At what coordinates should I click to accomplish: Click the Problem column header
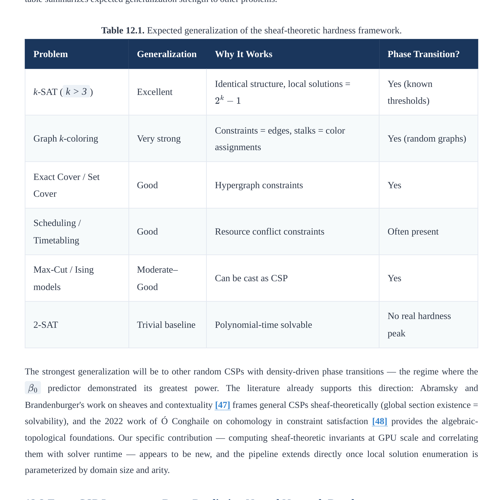point(51,54)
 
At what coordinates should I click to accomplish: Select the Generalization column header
point(167,54)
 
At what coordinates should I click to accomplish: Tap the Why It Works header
point(243,54)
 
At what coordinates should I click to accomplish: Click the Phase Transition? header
point(423,54)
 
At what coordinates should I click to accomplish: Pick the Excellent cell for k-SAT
point(155,92)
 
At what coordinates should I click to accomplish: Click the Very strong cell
point(159,139)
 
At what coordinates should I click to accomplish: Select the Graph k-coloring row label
point(66,139)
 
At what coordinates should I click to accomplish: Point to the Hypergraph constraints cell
point(259,185)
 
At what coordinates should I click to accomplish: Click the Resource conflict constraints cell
point(269,232)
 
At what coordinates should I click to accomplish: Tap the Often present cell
point(413,232)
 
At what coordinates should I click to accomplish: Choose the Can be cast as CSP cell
point(251,278)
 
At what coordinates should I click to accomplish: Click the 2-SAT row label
point(46,325)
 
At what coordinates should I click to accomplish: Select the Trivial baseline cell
point(166,325)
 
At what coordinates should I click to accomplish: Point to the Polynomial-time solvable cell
point(263,325)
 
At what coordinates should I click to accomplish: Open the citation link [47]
point(223,405)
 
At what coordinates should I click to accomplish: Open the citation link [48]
point(380,421)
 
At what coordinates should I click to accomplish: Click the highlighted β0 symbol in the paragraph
point(33,388)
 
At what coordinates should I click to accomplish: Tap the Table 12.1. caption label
point(123,30)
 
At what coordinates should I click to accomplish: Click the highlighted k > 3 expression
point(76,92)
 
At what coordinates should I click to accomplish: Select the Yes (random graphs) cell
point(427,139)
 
